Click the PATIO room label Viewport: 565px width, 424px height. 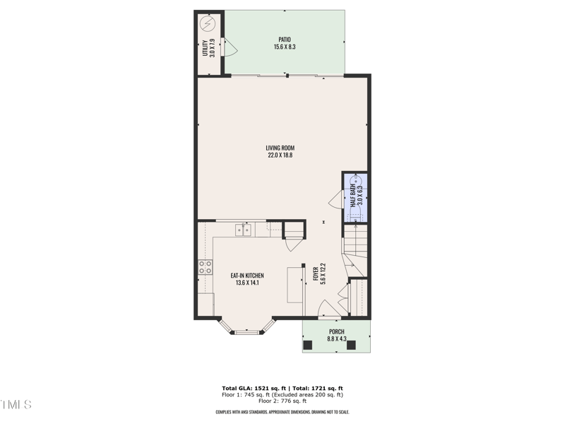click(x=285, y=40)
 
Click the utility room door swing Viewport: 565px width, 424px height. click(x=229, y=47)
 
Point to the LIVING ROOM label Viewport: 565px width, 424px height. click(x=280, y=148)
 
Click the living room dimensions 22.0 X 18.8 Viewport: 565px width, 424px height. click(x=280, y=155)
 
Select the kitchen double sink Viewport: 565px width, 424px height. click(x=244, y=229)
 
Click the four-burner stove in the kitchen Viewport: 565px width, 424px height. click(x=205, y=267)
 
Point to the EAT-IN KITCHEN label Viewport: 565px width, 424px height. click(x=247, y=275)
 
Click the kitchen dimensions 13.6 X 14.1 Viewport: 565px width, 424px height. click(x=247, y=283)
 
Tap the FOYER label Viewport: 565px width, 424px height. click(x=316, y=274)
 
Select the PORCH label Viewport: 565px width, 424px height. click(x=336, y=331)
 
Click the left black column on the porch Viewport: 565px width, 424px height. click(x=308, y=345)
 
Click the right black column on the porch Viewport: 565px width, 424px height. click(x=364, y=345)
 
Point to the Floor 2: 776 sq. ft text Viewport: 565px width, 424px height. click(x=282, y=401)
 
